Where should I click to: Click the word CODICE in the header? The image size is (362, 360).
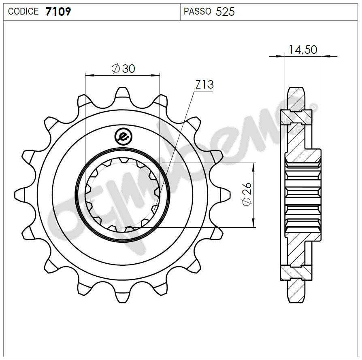tap(23, 11)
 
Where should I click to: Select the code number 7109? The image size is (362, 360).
tap(58, 11)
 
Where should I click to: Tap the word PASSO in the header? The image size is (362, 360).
tap(197, 11)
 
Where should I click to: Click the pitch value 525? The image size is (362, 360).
tap(225, 11)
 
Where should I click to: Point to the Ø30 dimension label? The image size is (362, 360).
tap(123, 68)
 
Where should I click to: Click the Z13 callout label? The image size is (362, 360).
tap(204, 85)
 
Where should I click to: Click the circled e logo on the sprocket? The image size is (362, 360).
tap(123, 136)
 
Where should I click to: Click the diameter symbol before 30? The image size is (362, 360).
tap(115, 69)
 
